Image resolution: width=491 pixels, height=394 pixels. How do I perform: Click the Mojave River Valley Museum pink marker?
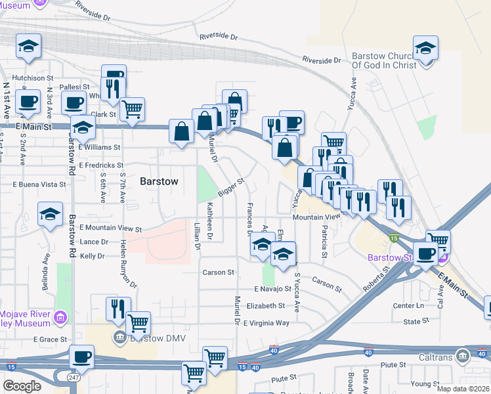[x=61, y=318]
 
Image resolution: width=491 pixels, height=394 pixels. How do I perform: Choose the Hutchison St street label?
[x=26, y=77]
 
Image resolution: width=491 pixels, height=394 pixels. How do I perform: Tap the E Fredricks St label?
[x=101, y=165]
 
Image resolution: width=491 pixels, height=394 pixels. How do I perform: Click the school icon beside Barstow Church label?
[x=425, y=49]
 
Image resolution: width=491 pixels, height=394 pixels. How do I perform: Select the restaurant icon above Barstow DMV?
[x=116, y=308]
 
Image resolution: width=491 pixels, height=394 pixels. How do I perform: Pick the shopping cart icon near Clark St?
[x=133, y=109]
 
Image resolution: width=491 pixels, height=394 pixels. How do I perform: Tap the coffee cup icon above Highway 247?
[x=81, y=357]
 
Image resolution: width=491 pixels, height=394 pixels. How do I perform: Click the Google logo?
[x=22, y=386]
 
